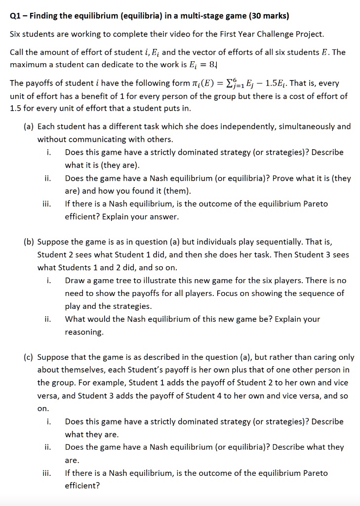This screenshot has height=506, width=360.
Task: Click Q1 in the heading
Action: pos(15,16)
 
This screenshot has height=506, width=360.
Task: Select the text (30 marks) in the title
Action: pos(269,16)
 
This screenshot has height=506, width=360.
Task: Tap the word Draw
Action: pos(75,281)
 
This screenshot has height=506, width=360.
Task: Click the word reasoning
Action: pos(84,332)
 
